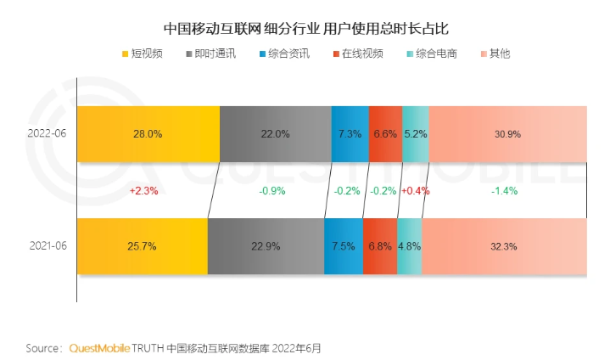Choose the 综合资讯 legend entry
[x=283, y=53]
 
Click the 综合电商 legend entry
[x=431, y=53]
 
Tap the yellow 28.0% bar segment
[x=148, y=134]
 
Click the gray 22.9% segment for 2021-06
[x=266, y=246]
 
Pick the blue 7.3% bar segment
[x=350, y=134]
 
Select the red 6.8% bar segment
[x=379, y=246]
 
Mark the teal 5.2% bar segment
[x=415, y=134]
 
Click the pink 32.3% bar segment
[x=504, y=246]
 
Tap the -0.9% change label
[x=272, y=191]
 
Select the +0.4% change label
[x=415, y=191]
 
